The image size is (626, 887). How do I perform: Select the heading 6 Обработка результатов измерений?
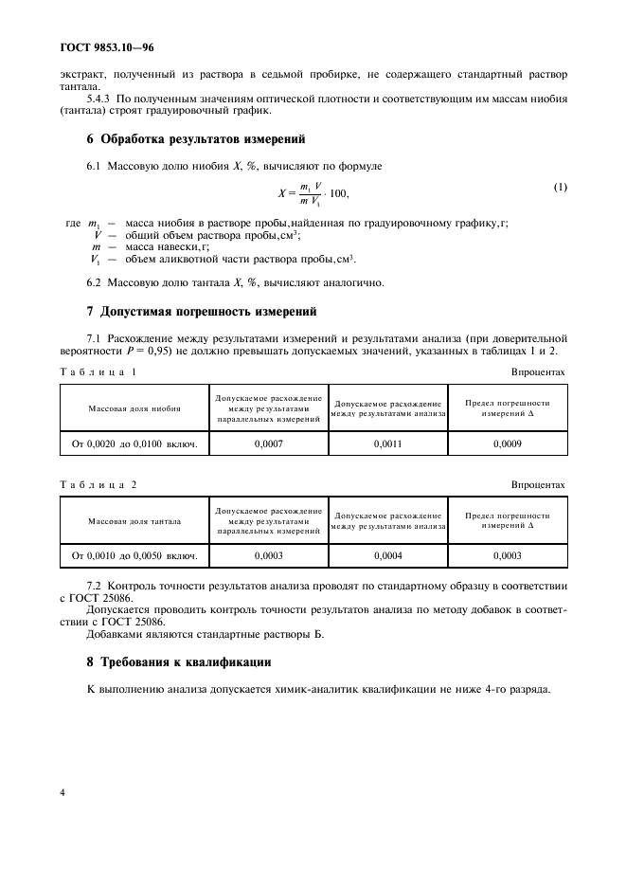coord(196,139)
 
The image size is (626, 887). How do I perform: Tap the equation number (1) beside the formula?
coord(560,187)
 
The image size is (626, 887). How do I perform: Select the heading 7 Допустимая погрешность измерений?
coord(202,311)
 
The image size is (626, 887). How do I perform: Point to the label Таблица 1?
coord(98,371)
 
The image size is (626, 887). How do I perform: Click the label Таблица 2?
coord(98,485)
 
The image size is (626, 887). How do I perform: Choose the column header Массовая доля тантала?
coord(134,521)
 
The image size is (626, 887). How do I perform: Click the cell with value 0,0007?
coord(268,443)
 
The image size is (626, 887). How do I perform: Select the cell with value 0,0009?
coord(507,443)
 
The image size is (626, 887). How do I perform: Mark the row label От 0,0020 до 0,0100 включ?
coord(134,443)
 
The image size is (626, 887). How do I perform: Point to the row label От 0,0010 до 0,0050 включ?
coord(134,555)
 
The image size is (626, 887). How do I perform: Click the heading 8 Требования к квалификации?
coord(179,662)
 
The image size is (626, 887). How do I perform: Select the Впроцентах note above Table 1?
coord(538,371)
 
